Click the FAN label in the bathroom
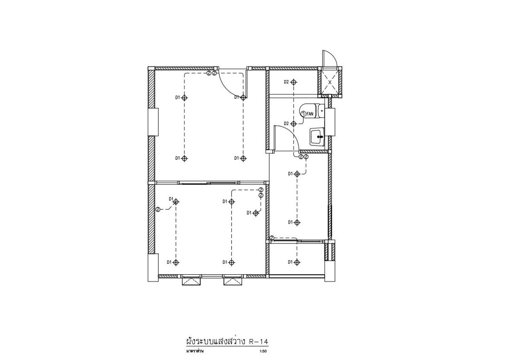(x=310, y=113)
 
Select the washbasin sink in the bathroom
(x=317, y=136)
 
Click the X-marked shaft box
(x=330, y=82)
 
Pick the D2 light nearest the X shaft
(x=294, y=82)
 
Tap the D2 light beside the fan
(x=294, y=124)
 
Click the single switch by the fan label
(x=303, y=113)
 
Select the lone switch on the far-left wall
(x=158, y=209)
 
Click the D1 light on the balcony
(x=297, y=262)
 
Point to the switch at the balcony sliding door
(x=272, y=238)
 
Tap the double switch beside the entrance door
(x=212, y=73)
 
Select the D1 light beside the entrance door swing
(x=243, y=98)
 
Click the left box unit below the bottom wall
(x=191, y=281)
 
